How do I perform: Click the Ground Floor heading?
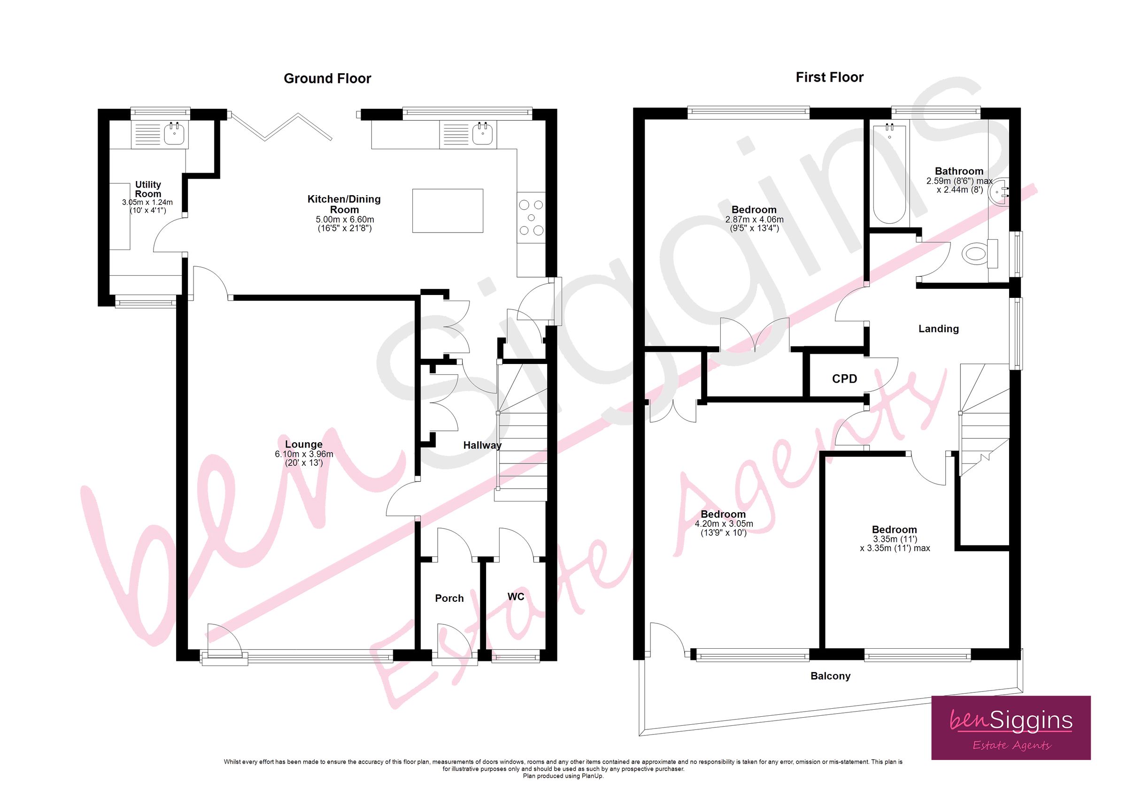coord(327,78)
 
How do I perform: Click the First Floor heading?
coord(829,77)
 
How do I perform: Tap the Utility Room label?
coord(148,189)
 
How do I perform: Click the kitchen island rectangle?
coord(447,211)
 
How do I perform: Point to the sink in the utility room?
coord(174,133)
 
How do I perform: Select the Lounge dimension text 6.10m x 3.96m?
coord(304,454)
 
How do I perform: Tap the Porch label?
coord(449,599)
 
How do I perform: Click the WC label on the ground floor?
coord(516,597)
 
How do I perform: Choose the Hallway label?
coord(482,445)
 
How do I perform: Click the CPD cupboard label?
coord(844,379)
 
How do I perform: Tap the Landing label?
coord(938,329)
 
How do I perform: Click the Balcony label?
coord(830,676)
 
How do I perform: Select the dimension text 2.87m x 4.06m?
coord(754,220)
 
